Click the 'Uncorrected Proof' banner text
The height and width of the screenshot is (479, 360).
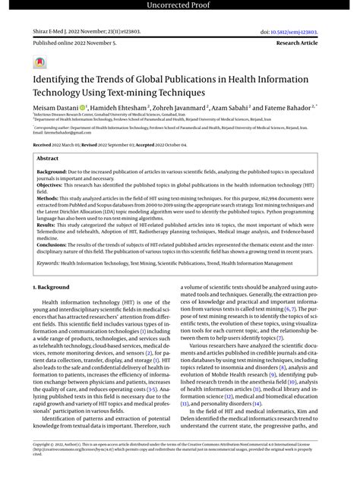pos(180,7)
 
